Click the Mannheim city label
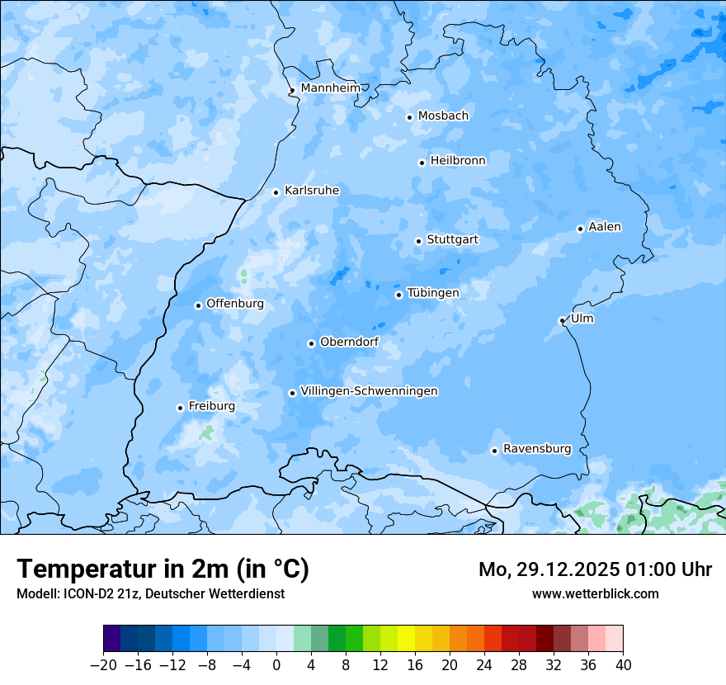331,88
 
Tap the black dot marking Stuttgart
418,241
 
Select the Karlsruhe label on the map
311,191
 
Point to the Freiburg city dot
180,408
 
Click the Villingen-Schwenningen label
369,391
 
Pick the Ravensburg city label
536,449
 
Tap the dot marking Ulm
562,320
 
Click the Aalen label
605,227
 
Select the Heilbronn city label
458,161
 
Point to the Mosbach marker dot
409,117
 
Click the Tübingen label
432,293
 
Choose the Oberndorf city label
349,342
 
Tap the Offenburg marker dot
198,305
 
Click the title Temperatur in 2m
163,569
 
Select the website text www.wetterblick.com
595,593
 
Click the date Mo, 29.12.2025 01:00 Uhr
595,569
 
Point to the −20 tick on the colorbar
104,665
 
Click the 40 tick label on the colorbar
623,665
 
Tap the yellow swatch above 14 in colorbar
406,639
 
